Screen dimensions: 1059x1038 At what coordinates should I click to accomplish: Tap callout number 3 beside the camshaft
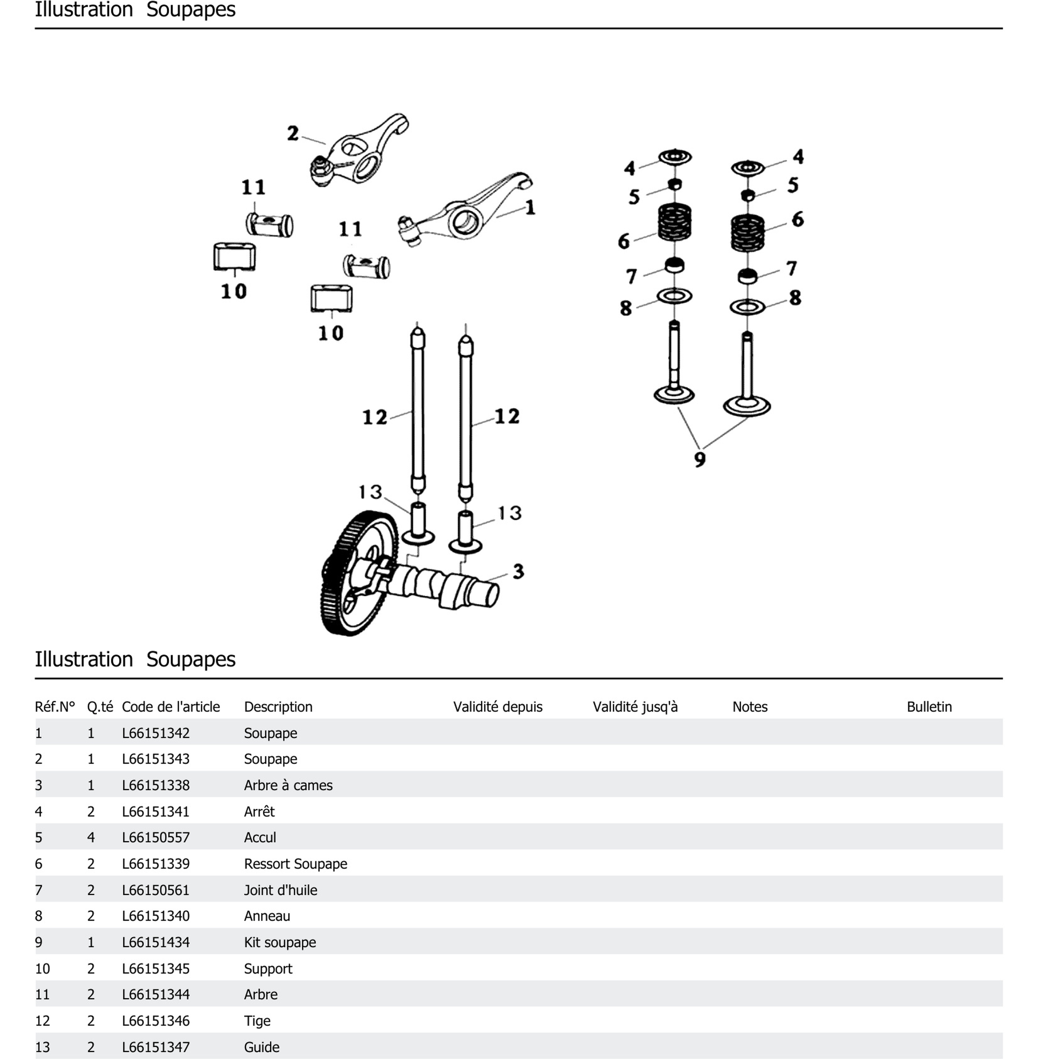[x=518, y=572]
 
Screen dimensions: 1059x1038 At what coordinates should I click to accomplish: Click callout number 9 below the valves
[x=700, y=459]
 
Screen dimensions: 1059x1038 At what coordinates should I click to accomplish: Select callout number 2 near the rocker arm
[x=293, y=133]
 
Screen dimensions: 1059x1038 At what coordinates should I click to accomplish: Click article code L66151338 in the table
[x=156, y=785]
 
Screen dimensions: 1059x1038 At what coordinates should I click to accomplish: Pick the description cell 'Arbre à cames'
[x=288, y=785]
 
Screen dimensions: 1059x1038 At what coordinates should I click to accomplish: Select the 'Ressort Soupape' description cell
[x=295, y=864]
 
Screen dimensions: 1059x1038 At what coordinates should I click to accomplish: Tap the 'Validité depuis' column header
[x=498, y=707]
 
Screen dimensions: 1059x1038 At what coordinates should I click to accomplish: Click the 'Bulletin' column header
[x=929, y=707]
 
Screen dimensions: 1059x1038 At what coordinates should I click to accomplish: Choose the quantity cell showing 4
[x=91, y=838]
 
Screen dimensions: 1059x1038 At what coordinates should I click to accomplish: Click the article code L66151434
[x=156, y=942]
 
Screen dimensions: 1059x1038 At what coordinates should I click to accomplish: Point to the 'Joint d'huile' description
[x=280, y=890]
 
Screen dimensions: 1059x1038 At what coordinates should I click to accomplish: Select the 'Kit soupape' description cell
[x=280, y=942]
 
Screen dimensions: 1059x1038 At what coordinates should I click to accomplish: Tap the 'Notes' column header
[x=749, y=707]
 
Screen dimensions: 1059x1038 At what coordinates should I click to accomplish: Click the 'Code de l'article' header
[x=170, y=707]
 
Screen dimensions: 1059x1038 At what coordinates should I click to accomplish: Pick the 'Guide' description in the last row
[x=262, y=1047]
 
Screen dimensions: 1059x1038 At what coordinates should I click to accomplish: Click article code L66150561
[x=156, y=890]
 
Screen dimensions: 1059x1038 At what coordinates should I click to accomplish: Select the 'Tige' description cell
[x=257, y=1021]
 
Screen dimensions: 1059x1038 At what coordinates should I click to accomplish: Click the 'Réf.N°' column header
[x=55, y=707]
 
